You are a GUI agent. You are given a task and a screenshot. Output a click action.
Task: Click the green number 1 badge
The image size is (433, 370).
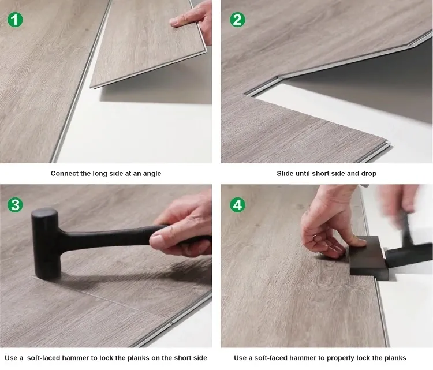coord(16,20)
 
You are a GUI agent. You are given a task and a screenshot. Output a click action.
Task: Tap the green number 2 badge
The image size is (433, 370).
coord(237,20)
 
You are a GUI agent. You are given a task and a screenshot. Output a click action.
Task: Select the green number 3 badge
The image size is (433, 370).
coord(16,205)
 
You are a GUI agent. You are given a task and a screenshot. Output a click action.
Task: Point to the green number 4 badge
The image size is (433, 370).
coord(237,205)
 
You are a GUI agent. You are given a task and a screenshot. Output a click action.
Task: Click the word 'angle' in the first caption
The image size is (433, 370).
coord(151,173)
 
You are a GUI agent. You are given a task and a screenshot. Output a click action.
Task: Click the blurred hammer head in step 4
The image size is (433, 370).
coord(410,254)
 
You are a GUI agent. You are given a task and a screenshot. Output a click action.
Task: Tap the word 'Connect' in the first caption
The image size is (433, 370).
coord(64,173)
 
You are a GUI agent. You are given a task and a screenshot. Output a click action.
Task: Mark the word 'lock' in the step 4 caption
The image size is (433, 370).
coord(363,358)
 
